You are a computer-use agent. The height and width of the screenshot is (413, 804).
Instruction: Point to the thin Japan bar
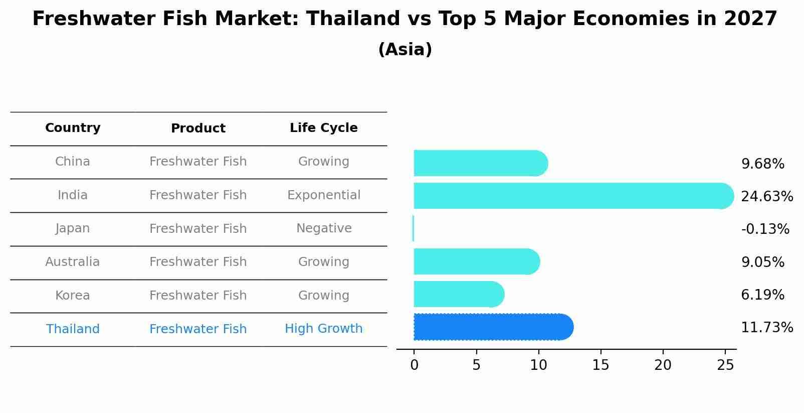[x=413, y=228]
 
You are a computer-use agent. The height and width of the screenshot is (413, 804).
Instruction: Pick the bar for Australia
[x=476, y=261]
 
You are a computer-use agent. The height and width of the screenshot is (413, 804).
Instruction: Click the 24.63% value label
[x=766, y=196]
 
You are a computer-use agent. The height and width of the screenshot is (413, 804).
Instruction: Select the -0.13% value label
[x=765, y=229]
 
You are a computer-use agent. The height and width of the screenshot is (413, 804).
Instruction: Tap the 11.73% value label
[x=766, y=328]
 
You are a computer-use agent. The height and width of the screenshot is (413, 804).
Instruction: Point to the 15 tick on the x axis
[x=600, y=365]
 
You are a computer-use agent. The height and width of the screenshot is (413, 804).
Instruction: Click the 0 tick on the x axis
[x=414, y=365]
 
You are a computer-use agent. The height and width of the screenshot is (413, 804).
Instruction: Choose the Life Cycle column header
[x=323, y=128]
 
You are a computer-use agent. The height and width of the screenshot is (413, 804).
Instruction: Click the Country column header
[x=73, y=128]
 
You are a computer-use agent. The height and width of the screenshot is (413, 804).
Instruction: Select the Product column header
[x=198, y=128]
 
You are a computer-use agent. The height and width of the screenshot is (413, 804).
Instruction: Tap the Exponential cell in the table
[x=323, y=195]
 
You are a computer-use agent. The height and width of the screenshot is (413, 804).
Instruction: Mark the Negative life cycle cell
[x=323, y=228]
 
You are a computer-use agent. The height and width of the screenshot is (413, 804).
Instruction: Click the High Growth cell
[x=323, y=329]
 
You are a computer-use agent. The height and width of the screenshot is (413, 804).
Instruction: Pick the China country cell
[x=73, y=162]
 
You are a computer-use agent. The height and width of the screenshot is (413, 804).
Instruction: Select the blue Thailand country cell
[x=73, y=329]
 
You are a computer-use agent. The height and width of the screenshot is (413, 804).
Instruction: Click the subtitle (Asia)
[x=405, y=50]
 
